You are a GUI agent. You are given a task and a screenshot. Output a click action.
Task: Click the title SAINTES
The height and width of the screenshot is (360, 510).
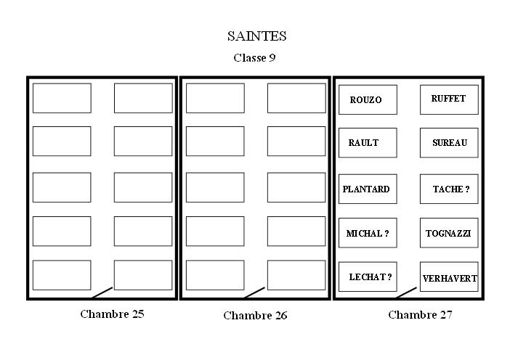click(x=256, y=36)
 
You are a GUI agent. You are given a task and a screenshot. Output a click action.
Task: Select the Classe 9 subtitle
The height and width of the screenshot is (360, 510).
click(x=254, y=57)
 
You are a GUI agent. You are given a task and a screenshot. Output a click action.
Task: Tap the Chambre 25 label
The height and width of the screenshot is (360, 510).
click(x=112, y=314)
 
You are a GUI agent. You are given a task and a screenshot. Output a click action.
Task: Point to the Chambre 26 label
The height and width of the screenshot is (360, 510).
click(x=255, y=315)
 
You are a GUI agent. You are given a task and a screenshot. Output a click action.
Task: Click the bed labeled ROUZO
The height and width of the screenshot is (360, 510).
click(x=368, y=99)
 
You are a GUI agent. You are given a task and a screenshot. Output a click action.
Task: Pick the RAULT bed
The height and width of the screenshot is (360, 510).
click(x=368, y=143)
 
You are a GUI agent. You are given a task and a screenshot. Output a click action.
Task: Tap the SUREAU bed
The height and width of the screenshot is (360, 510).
click(x=449, y=143)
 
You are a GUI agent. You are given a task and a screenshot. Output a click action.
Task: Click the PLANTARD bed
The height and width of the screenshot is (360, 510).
click(x=368, y=189)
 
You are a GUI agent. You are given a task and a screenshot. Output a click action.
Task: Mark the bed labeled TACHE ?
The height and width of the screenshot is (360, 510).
click(x=449, y=189)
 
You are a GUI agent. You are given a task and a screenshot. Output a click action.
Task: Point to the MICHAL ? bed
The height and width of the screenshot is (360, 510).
click(x=368, y=233)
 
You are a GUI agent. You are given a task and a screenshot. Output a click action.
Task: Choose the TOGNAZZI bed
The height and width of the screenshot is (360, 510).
click(x=449, y=233)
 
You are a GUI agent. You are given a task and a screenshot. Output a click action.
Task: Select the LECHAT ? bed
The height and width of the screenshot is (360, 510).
click(x=368, y=277)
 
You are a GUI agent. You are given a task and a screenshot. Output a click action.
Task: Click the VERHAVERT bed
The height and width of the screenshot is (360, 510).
click(x=449, y=277)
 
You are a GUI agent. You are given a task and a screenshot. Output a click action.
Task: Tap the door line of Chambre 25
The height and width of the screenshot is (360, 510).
click(x=102, y=292)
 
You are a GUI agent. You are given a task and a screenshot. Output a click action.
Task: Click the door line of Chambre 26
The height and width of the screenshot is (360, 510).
click(x=254, y=292)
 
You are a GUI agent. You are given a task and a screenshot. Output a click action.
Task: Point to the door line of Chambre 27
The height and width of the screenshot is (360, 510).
click(x=405, y=292)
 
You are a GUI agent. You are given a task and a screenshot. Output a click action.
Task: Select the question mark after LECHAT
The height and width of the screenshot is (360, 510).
click(x=389, y=277)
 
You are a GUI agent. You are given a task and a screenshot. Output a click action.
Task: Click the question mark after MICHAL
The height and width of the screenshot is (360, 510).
click(x=386, y=234)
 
